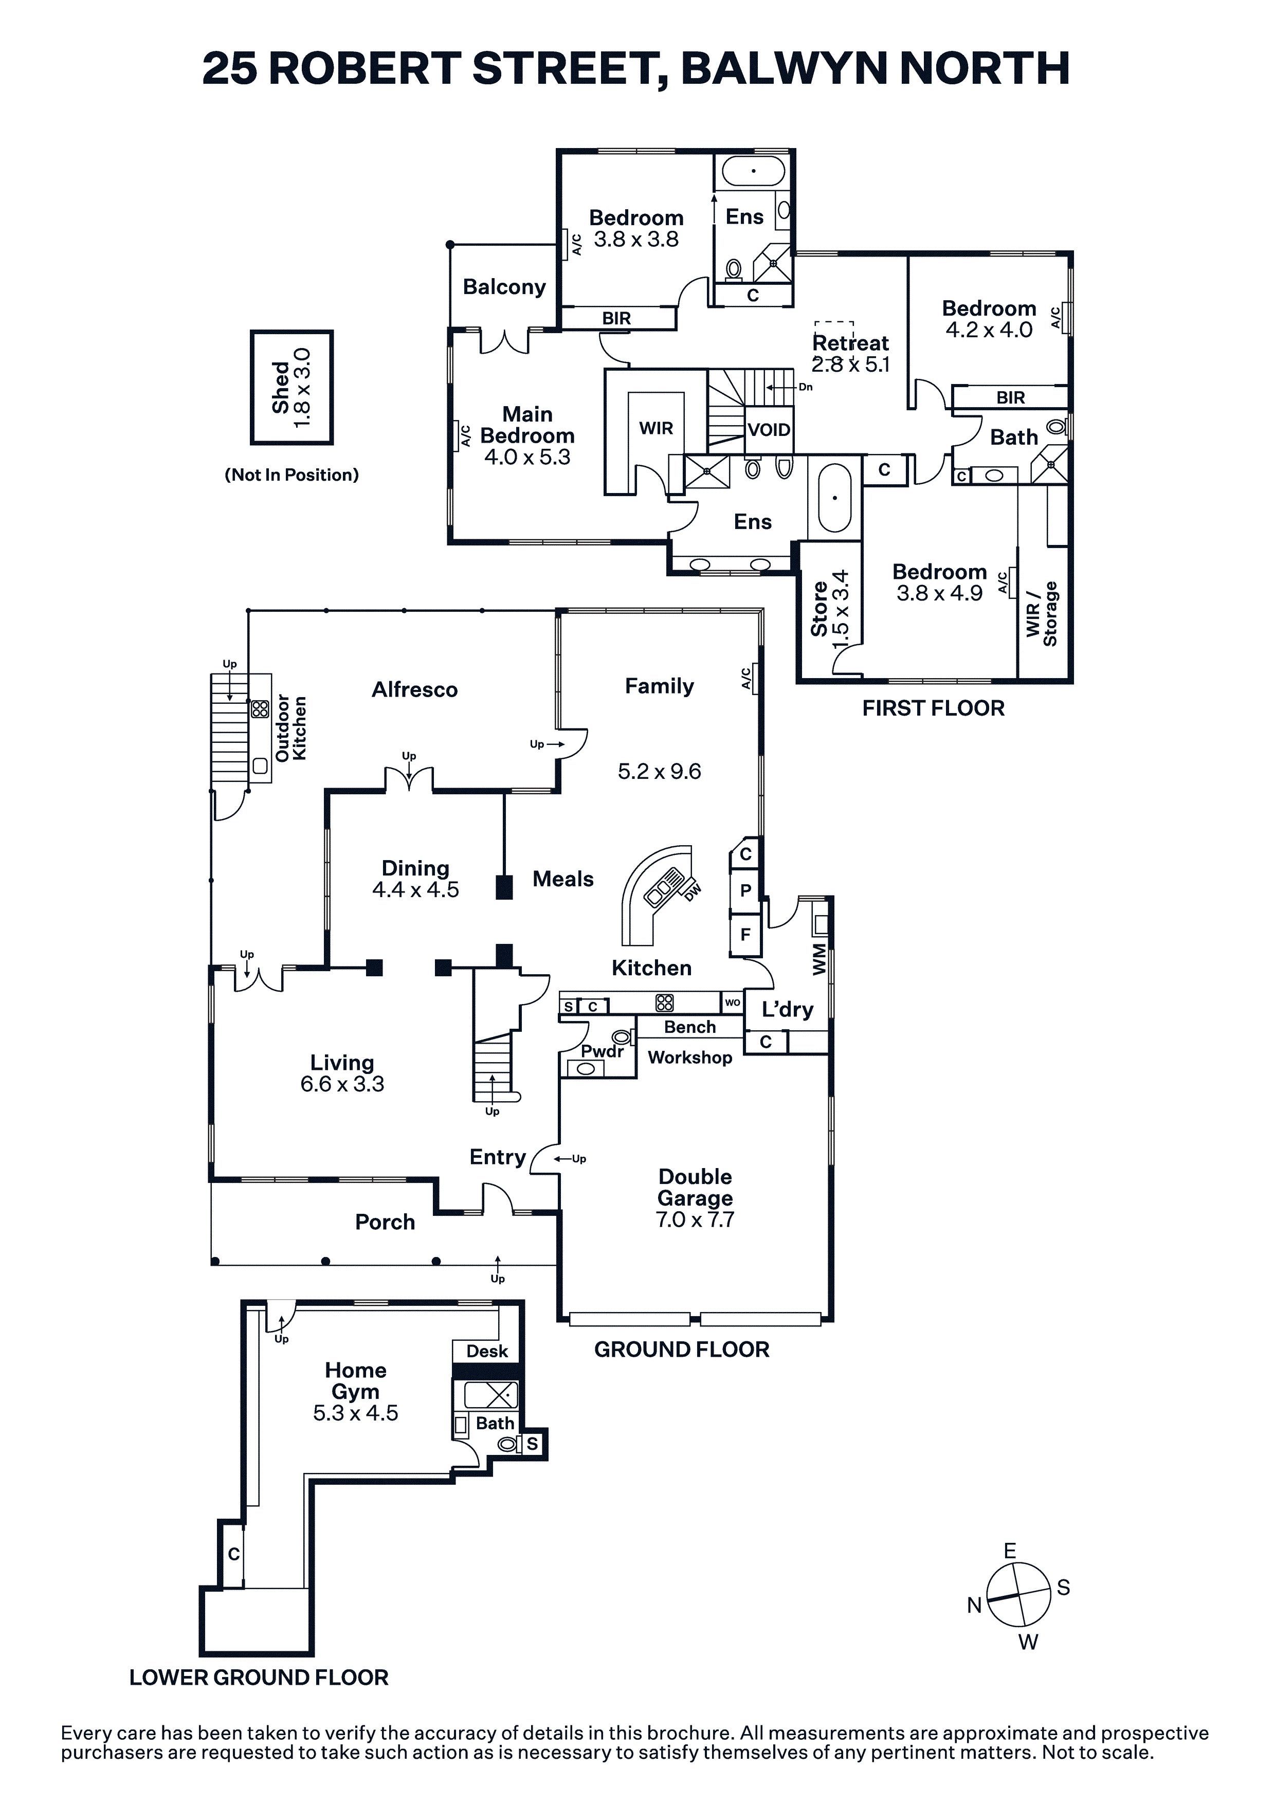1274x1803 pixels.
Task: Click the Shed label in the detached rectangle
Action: click(x=280, y=387)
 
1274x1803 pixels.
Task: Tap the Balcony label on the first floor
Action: click(x=504, y=287)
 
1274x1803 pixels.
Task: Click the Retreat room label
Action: click(x=851, y=343)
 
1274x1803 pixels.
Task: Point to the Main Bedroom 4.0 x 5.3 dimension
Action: click(x=528, y=457)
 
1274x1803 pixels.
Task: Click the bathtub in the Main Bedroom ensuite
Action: click(x=835, y=498)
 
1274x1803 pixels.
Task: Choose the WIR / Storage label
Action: click(x=1042, y=614)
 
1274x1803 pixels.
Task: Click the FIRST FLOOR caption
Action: click(x=934, y=708)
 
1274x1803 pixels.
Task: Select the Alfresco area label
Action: click(x=415, y=689)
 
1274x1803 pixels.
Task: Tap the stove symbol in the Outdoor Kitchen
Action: click(x=260, y=709)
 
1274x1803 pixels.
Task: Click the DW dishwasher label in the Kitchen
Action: click(x=693, y=892)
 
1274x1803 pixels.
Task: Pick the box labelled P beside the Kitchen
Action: click(x=745, y=890)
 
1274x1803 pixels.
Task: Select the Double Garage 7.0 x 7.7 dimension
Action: click(x=695, y=1219)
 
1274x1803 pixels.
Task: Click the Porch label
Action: click(x=385, y=1222)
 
